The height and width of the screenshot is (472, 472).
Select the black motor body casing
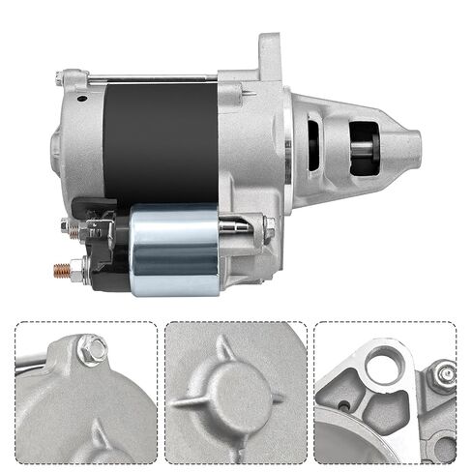161,141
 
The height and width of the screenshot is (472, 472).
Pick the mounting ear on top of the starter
268,53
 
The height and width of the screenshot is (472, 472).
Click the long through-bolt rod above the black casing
155,78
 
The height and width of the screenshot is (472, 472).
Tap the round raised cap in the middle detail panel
233,396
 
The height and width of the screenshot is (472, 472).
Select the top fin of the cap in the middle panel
223,347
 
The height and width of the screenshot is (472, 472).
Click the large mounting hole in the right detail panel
387,362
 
